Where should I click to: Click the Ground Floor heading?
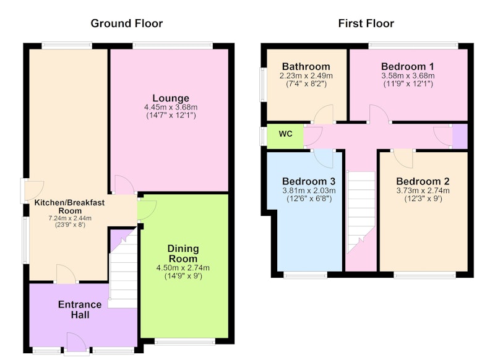tap(127, 24)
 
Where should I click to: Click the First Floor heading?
tap(366, 24)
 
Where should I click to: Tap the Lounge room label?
tap(171, 98)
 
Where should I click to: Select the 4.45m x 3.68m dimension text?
tap(171, 107)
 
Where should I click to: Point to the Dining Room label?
tap(183, 254)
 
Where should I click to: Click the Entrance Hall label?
tap(80, 309)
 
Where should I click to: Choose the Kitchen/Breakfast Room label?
tap(69, 207)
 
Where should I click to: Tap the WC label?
tap(285, 134)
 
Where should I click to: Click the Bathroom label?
tap(306, 67)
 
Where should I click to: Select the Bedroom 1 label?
tap(408, 67)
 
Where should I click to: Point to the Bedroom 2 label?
tap(423, 181)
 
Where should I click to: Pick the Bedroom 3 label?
tap(309, 181)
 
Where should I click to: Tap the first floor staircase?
tap(361, 212)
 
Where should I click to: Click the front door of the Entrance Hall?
tap(76, 342)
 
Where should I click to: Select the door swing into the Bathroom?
tap(323, 114)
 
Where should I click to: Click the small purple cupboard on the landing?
tap(460, 136)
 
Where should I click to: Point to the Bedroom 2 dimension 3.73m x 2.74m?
tap(423, 191)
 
